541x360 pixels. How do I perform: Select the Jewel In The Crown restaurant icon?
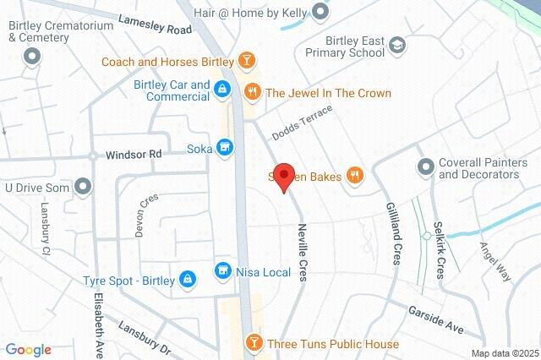pyautogui.click(x=251, y=92)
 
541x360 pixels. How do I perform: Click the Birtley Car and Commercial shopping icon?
pyautogui.click(x=221, y=88)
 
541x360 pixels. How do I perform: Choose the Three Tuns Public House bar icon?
pyautogui.click(x=252, y=344)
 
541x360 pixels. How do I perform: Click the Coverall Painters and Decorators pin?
pyautogui.click(x=425, y=166)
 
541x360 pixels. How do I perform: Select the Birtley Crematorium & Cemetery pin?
pyautogui.click(x=32, y=57)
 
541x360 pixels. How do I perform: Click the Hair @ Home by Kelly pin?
pyautogui.click(x=320, y=12)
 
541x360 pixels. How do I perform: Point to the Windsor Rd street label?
pyautogui.click(x=133, y=155)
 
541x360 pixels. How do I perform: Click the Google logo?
pyautogui.click(x=28, y=350)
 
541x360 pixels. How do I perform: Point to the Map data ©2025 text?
pyautogui.click(x=504, y=353)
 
